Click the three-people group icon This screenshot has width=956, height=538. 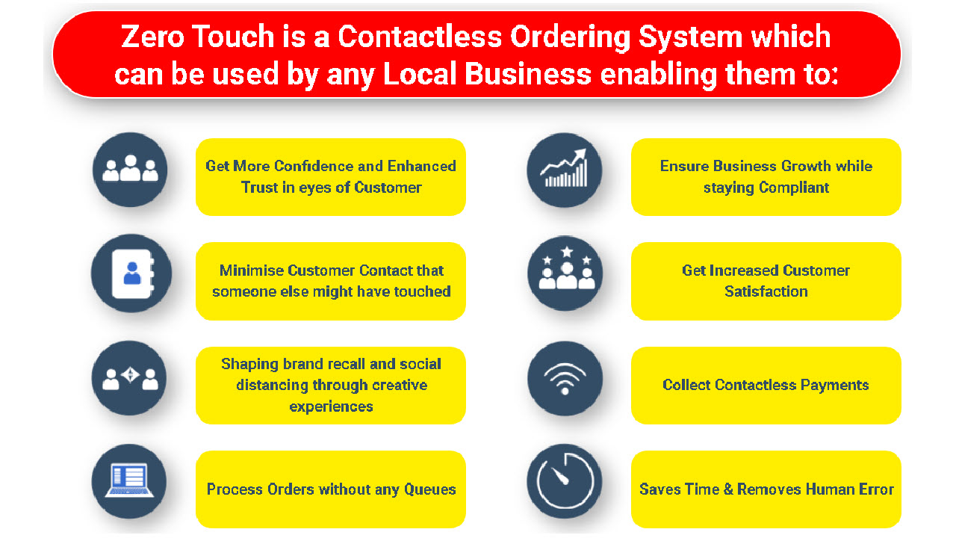pyautogui.click(x=130, y=169)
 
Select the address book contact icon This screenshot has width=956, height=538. pyautogui.click(x=132, y=273)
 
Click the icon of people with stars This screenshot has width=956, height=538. pyautogui.click(x=566, y=268)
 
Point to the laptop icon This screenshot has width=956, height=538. pyautogui.click(x=129, y=480)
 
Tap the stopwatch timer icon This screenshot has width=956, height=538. pyautogui.click(x=565, y=481)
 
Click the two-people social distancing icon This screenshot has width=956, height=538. pyautogui.click(x=130, y=377)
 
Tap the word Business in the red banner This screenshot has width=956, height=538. pyautogui.click(x=527, y=74)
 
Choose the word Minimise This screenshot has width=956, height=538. pyautogui.click(x=252, y=270)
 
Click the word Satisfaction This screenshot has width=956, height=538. pyautogui.click(x=766, y=291)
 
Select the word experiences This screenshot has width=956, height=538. pyautogui.click(x=331, y=407)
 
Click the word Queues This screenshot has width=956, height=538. pyautogui.click(x=429, y=489)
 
